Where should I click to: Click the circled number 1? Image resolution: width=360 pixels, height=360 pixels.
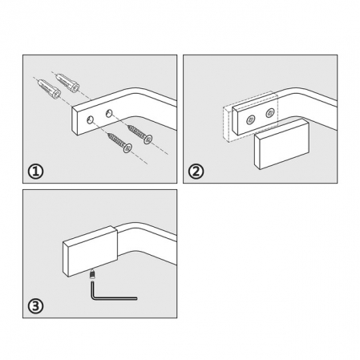click(35, 172)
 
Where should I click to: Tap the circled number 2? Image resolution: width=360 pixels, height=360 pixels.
click(196, 172)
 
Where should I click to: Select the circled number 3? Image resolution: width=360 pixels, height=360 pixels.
click(35, 306)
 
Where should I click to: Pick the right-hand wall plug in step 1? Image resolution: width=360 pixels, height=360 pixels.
click(67, 82)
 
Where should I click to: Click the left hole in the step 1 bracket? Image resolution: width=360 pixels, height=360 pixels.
click(91, 120)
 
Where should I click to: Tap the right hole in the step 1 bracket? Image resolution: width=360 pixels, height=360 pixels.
click(109, 113)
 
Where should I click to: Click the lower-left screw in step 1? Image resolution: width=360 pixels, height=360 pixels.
click(119, 143)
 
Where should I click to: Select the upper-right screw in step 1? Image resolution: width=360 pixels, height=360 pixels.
click(140, 134)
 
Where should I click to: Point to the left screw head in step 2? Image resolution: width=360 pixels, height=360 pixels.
click(251, 119)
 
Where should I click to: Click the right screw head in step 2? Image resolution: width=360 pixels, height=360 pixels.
click(270, 113)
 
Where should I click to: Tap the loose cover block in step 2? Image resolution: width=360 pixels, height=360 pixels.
click(281, 144)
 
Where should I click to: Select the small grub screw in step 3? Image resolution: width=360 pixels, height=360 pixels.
click(92, 274)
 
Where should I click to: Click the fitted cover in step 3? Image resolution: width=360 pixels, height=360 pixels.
click(90, 251)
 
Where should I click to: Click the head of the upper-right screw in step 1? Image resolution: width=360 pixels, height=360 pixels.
click(148, 140)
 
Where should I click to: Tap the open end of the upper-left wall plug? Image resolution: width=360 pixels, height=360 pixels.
click(56, 94)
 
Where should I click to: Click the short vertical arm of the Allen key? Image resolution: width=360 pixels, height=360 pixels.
click(92, 289)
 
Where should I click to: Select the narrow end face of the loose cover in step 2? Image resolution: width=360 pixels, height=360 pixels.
click(257, 152)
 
